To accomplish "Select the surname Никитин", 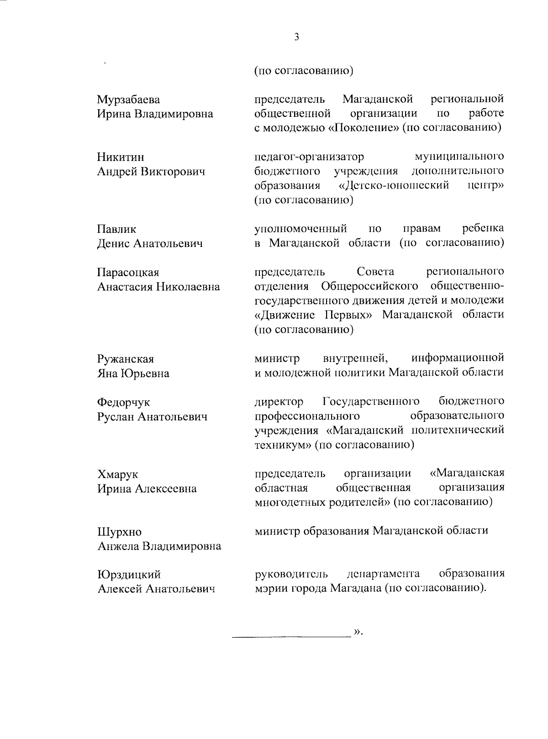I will pyautogui.click(x=121, y=157).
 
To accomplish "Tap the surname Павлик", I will pyautogui.click(x=117, y=229).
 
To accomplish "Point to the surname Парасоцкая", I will pyautogui.click(x=128, y=273).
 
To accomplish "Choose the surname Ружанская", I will pyautogui.click(x=126, y=359).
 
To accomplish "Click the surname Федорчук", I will pyautogui.click(x=123, y=402).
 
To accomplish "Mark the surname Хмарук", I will pyautogui.click(x=118, y=474).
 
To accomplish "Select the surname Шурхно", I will pyautogui.click(x=120, y=532).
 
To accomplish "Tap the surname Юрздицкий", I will pyautogui.click(x=129, y=575).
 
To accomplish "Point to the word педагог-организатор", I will pyautogui.click(x=309, y=157).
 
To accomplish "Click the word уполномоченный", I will pyautogui.click(x=300, y=228).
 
